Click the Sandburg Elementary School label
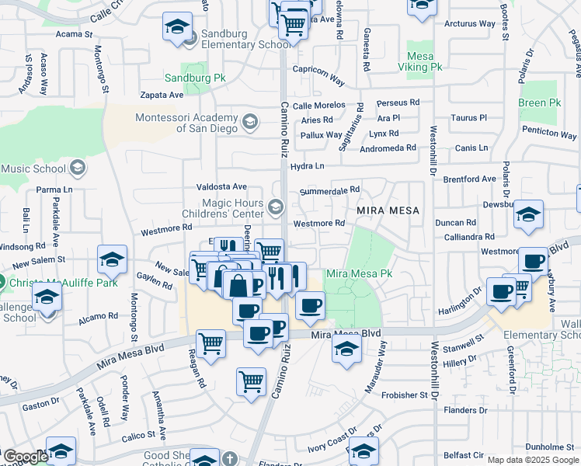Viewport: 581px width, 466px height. (245, 39)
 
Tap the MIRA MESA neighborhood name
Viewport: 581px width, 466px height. (388, 210)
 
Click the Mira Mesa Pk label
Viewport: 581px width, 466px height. (359, 274)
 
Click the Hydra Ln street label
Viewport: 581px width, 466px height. (306, 165)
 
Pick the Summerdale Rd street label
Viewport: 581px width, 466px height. (330, 190)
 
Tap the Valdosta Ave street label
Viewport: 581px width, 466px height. (221, 186)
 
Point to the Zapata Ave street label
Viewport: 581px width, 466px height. (162, 95)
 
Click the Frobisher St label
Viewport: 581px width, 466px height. (405, 395)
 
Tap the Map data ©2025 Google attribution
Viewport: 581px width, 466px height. (532, 460)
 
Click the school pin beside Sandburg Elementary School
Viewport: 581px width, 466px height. (177, 28)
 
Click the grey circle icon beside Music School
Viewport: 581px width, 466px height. (78, 168)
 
